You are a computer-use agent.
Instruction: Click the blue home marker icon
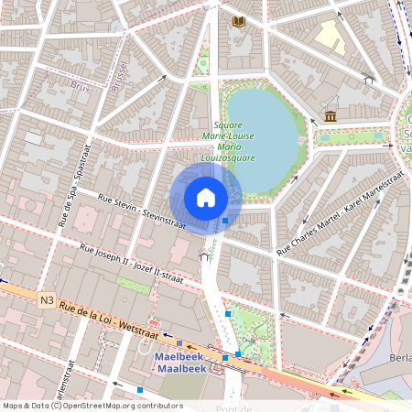click(206, 198)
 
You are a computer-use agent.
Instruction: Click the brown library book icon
click(239, 20)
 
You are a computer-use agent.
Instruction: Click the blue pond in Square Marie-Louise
click(266, 133)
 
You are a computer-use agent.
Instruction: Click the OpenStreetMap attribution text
click(92, 406)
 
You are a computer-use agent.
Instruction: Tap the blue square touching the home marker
click(225, 220)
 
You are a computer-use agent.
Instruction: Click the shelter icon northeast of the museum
click(369, 80)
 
